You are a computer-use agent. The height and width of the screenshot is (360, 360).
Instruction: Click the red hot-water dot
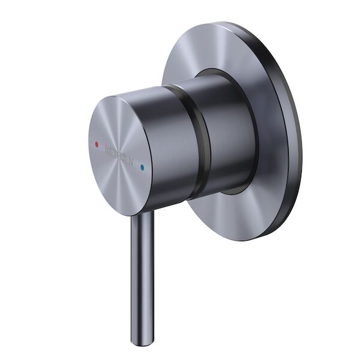(95, 145)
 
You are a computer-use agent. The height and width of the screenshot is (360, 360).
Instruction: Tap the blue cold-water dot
(142, 168)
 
